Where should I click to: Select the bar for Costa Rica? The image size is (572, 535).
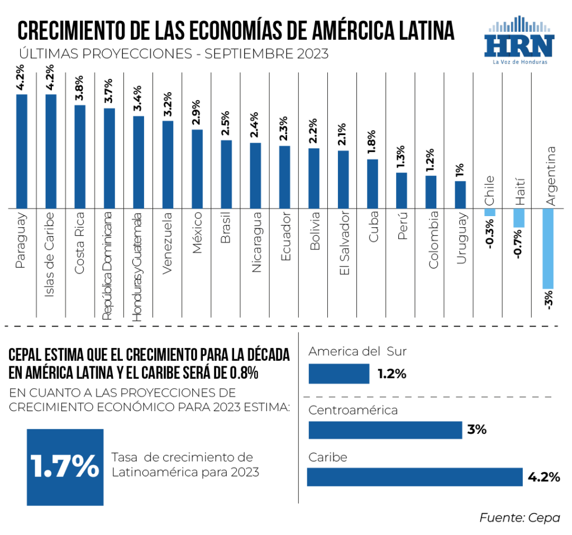tap(80, 156)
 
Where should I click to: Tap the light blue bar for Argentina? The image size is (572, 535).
tap(547, 248)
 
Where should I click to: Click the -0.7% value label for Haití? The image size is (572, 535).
tap(519, 245)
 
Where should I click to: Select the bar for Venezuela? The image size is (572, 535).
tap(168, 165)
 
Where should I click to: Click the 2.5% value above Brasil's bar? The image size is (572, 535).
tap(226, 124)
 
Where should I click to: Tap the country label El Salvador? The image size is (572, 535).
tap(344, 243)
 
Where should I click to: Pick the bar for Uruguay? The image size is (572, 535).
tap(460, 194)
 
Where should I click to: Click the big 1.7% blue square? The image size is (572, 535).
tap(65, 467)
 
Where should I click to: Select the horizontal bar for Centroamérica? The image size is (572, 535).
tap(385, 430)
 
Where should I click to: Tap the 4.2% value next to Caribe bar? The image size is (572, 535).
tap(544, 477)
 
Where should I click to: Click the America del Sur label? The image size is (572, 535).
tap(357, 351)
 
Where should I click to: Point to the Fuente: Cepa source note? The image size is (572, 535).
tap(519, 518)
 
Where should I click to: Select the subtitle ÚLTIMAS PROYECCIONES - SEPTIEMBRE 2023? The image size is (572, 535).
tap(173, 55)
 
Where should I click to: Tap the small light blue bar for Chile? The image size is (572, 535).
tap(489, 212)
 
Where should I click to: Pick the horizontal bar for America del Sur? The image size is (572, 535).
tap(339, 374)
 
